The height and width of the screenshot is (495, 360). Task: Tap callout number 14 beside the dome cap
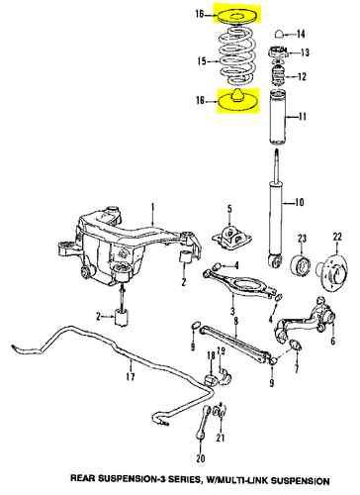point(302,33)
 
